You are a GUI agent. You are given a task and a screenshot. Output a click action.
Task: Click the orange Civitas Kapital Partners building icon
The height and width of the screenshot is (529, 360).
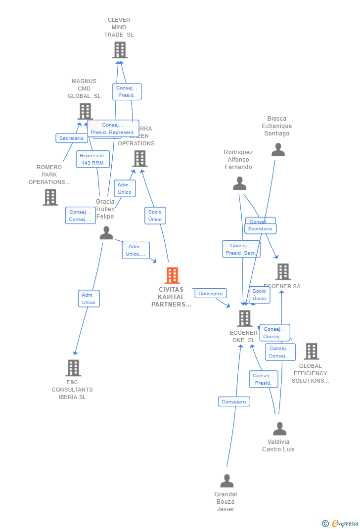tap(172, 275)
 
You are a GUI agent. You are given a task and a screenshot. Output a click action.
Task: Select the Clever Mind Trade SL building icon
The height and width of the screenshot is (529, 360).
tap(120, 50)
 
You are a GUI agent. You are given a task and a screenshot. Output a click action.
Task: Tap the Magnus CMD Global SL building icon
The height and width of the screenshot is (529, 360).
tap(86, 111)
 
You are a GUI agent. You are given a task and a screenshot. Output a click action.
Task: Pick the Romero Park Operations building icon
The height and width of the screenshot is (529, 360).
tap(50, 197)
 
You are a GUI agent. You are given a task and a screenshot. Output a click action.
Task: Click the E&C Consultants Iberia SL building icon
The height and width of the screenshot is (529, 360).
tap(73, 368)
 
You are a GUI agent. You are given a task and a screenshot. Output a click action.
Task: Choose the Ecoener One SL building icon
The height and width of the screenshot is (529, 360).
tap(244, 318)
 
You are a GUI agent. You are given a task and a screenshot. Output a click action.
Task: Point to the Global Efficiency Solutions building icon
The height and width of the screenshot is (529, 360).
tap(311, 352)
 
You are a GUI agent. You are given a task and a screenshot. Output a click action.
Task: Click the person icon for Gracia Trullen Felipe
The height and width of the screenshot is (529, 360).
tap(106, 233)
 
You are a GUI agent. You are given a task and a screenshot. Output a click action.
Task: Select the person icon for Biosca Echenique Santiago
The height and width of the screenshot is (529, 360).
tap(278, 150)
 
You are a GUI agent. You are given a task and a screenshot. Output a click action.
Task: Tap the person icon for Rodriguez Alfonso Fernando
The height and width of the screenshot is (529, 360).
tap(239, 183)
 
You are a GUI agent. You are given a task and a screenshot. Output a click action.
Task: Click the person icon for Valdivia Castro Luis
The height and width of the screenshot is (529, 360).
tap(279, 429)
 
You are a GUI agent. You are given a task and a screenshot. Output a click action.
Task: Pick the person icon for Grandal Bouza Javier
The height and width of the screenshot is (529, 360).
tap(226, 481)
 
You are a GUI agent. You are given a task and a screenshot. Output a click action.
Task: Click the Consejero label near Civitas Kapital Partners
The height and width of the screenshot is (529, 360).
tap(211, 293)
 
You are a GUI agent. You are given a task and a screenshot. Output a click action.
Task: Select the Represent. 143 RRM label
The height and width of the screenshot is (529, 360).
tap(92, 159)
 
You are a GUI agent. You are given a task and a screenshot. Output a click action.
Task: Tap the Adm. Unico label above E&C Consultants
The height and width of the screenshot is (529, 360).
tap(89, 299)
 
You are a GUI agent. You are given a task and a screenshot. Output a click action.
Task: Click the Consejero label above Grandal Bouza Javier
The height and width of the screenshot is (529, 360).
tap(234, 401)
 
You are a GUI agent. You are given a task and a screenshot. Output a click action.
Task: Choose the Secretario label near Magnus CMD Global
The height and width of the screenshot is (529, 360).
tap(72, 138)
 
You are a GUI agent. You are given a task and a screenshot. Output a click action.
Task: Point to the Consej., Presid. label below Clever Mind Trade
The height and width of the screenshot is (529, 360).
tap(127, 91)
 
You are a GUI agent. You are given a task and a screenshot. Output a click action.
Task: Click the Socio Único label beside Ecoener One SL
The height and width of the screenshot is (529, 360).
tap(259, 295)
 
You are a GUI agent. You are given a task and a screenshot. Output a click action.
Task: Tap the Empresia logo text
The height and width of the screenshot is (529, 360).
tap(345, 523)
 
